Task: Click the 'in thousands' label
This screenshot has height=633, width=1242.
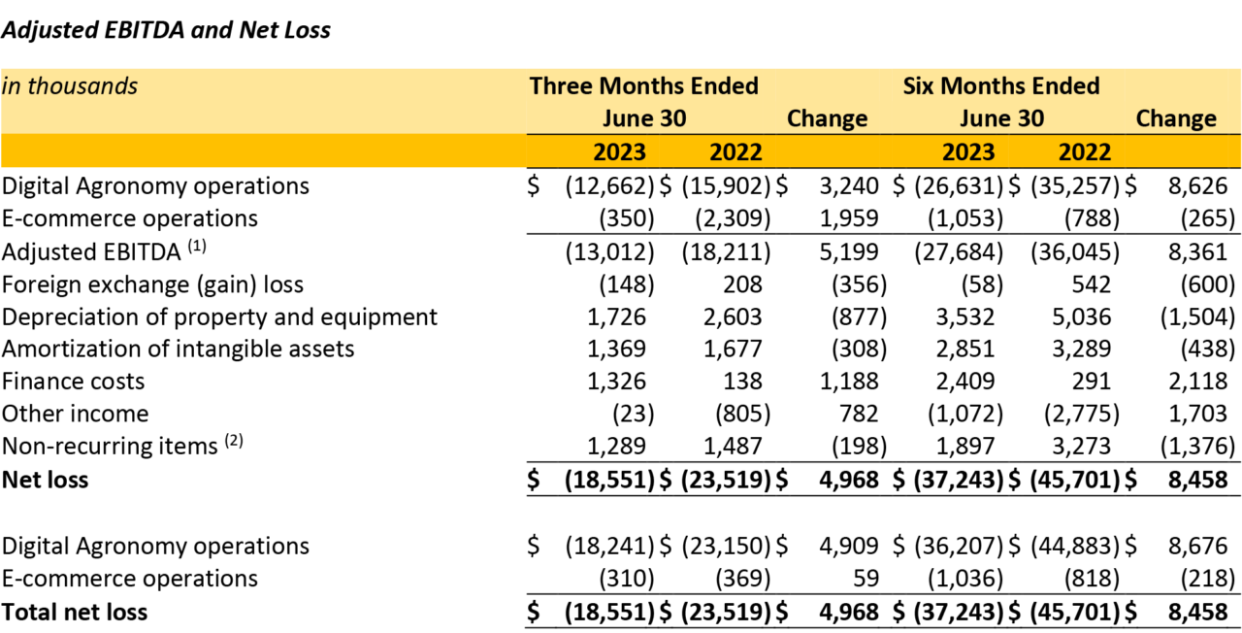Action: (70, 86)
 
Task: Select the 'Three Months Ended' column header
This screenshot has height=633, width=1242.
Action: (643, 86)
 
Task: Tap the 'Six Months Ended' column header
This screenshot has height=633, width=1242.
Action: (1000, 86)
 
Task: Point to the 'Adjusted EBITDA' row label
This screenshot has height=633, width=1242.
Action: (91, 252)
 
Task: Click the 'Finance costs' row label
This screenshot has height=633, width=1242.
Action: (73, 381)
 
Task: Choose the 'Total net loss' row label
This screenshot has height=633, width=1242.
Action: (75, 612)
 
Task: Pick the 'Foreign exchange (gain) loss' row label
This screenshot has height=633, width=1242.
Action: (152, 284)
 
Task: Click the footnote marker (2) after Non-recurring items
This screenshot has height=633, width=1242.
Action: (234, 443)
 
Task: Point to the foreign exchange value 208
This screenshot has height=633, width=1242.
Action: (742, 284)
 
